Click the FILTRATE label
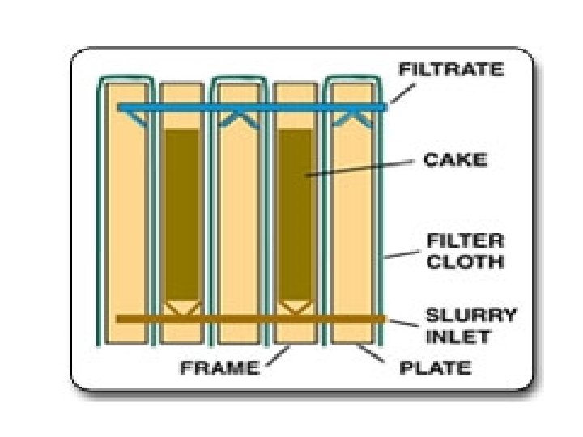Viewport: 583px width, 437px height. pos(450,70)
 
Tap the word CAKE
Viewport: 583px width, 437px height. pos(455,159)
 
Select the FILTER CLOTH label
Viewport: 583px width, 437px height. pos(465,251)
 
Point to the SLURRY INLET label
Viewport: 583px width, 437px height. pos(470,323)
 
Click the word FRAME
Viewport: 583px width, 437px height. pos(219,368)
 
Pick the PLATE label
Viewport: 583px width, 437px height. pos(436,368)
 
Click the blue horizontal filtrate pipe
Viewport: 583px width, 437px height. pos(251,107)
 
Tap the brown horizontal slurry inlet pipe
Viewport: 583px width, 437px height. pos(251,319)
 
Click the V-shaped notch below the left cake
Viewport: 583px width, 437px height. pos(183,307)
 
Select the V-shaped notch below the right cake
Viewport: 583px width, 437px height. pos(296,307)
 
